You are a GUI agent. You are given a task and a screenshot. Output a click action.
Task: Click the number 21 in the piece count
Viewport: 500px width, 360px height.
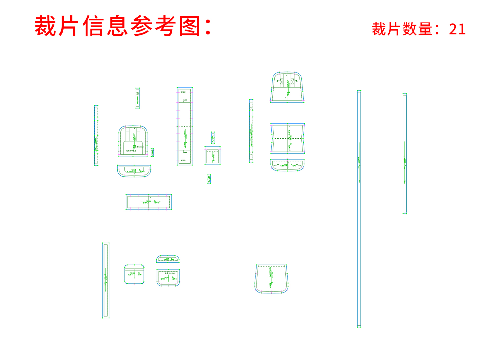457,29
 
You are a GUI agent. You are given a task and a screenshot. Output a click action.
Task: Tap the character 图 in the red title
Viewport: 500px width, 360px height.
190,26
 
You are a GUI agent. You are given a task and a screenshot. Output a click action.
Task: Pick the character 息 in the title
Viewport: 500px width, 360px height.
118,26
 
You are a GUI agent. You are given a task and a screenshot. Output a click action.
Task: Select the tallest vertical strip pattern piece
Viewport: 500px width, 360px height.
359,209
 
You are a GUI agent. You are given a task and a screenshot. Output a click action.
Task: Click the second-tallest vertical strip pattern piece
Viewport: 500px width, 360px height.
405,154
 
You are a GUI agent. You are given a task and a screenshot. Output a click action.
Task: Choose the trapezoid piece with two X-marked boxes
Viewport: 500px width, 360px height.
287,87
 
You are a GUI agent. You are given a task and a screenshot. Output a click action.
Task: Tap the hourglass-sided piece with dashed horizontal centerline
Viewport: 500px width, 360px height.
288,138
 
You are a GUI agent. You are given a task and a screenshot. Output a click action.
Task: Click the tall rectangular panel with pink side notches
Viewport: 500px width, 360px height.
184,126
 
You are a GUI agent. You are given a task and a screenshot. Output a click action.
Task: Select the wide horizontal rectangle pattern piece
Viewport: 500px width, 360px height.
149,202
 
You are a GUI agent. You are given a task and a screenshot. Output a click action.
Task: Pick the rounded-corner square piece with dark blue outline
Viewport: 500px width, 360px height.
134,274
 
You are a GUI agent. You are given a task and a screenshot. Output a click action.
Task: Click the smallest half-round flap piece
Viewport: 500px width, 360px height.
168,259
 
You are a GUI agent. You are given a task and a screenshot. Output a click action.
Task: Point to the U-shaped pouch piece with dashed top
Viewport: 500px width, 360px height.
272,279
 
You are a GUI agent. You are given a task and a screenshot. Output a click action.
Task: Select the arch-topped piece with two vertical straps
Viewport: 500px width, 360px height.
133,141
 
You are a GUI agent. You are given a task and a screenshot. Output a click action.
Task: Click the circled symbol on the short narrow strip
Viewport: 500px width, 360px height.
138,94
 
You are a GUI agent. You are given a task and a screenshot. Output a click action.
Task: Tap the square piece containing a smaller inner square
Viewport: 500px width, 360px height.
213,156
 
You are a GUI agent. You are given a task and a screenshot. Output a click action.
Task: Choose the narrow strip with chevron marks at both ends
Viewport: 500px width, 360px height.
251,131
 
